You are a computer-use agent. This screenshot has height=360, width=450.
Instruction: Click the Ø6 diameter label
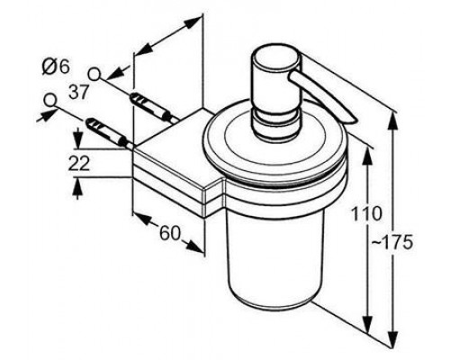56,67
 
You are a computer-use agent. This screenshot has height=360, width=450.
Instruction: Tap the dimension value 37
79,91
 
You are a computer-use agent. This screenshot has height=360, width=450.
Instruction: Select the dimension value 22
79,164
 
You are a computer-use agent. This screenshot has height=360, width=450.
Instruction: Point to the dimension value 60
170,232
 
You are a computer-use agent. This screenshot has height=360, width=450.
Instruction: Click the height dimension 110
366,214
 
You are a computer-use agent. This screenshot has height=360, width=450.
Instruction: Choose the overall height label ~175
392,242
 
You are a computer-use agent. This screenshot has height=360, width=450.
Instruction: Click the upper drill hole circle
94,74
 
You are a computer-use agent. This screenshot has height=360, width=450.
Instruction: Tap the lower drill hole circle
50,100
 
